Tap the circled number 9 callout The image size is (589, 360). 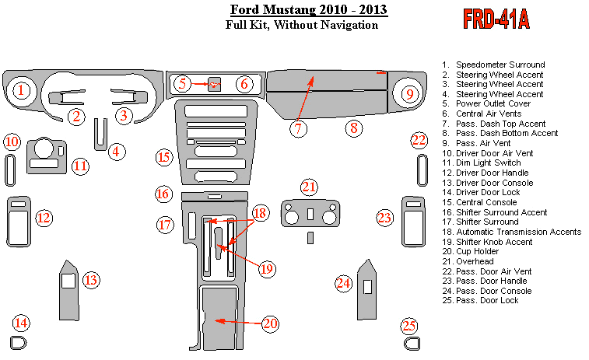408,93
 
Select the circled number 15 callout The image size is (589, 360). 163,157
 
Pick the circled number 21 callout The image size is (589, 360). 310,187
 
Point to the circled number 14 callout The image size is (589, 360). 20,323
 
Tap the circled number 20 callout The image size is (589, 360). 270,323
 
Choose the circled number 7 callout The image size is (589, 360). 300,128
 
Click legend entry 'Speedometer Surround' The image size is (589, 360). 500,65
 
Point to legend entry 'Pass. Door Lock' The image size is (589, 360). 486,301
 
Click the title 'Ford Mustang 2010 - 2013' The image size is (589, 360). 309,10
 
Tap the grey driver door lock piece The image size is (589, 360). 18,342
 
